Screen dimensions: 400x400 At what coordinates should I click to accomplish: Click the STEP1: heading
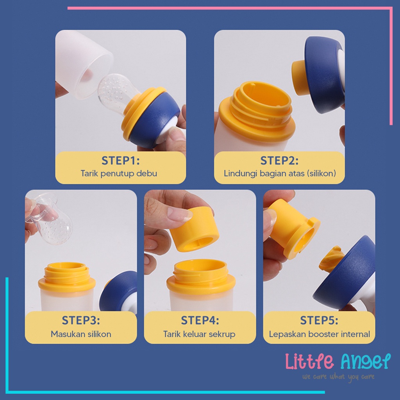pos(120,161)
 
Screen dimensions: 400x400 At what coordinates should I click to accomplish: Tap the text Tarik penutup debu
pos(119,173)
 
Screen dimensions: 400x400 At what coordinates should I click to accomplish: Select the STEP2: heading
pos(279,161)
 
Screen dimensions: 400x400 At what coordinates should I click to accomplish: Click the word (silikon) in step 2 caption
pos(321,173)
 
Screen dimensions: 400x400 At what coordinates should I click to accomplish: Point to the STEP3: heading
pos(81,321)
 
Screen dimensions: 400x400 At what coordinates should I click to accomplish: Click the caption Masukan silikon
pos(81,334)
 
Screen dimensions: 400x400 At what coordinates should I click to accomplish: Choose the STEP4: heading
pos(200,321)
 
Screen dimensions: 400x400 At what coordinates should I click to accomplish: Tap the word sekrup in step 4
pos(222,334)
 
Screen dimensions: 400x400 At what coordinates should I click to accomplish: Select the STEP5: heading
pos(319,321)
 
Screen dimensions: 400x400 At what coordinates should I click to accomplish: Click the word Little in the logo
pos(310,362)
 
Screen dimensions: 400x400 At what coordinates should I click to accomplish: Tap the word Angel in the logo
pos(365,362)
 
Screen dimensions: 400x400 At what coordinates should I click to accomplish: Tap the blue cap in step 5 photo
pos(344,273)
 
